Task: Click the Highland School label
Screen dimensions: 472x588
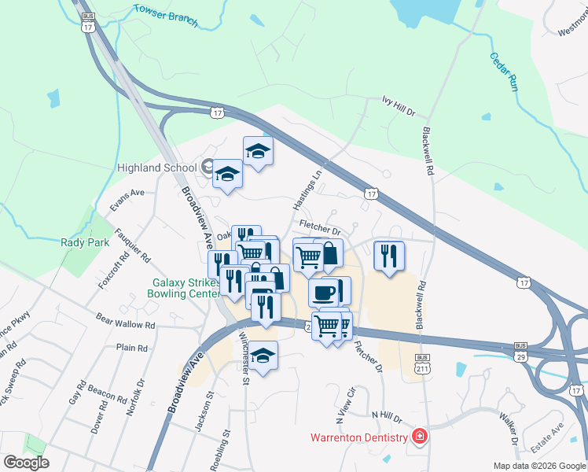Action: point(156,168)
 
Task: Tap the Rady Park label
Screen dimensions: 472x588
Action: point(85,242)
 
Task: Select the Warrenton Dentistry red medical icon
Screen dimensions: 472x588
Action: point(420,437)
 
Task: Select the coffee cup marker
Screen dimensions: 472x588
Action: point(323,293)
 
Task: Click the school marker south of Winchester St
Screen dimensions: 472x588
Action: point(264,356)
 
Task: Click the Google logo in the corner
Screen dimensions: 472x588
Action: point(26,462)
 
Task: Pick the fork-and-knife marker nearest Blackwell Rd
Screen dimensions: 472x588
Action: point(389,256)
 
